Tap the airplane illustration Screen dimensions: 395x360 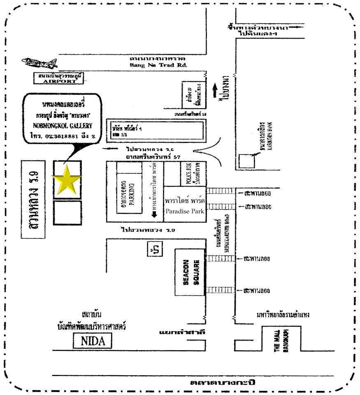(40, 63)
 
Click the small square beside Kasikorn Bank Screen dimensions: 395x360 (247, 160)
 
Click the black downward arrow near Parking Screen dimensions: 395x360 (154, 214)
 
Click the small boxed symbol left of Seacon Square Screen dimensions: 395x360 (154, 249)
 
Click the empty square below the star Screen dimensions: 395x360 (67, 213)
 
